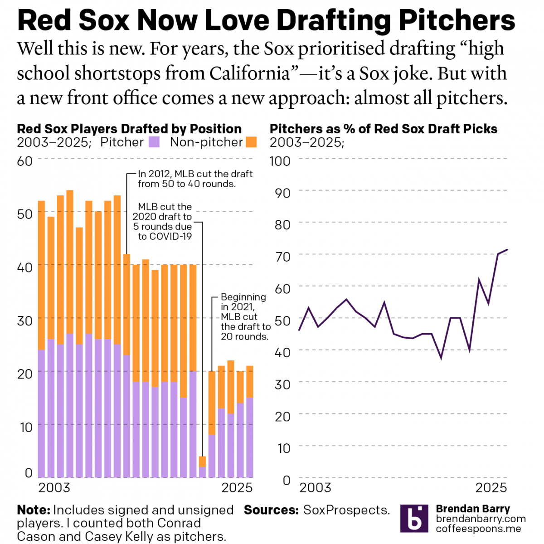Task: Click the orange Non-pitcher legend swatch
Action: pos(251,142)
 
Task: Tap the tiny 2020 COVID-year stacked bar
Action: pos(202,467)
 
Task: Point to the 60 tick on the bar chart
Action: pos(25,161)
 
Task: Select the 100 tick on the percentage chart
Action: pos(280,161)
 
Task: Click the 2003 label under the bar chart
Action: pos(54,487)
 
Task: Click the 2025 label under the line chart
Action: pos(491,487)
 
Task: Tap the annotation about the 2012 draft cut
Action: pos(195,179)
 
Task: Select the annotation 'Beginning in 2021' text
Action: pos(244,316)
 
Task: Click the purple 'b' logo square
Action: pos(414,519)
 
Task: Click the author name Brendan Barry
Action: pos(473,509)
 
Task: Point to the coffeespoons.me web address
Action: pos(478,529)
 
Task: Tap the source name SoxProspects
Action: pos(346,510)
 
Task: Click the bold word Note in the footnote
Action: pos(33,510)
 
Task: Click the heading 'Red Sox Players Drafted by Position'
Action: pos(129,129)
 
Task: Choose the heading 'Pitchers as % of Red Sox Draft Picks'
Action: pos(383,129)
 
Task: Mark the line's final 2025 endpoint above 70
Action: pos(507,249)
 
